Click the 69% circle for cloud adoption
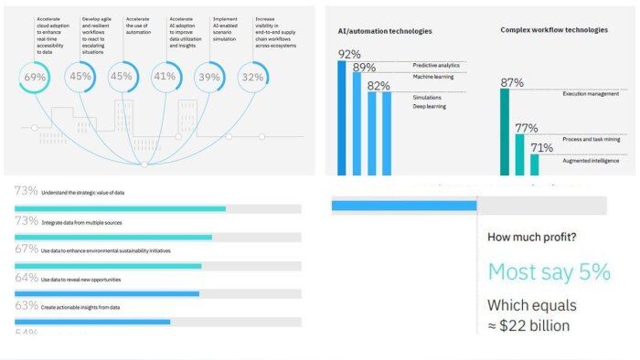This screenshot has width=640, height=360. click(35, 78)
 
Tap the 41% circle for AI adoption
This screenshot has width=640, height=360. click(165, 78)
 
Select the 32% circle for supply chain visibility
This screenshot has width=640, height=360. click(253, 78)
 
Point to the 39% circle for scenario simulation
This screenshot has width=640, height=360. click(209, 78)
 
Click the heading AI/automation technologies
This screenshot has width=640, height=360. click(380, 31)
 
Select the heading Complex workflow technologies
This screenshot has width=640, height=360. click(553, 30)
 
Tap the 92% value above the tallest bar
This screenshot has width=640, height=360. click(348, 54)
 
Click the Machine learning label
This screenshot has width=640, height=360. click(433, 76)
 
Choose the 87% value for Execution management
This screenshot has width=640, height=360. click(512, 83)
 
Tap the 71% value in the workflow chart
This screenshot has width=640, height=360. click(541, 147)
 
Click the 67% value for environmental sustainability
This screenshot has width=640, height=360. click(26, 249)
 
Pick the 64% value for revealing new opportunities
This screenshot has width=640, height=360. click(26, 278)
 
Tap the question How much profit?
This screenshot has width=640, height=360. click(531, 238)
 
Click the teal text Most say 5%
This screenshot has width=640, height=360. click(548, 271)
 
